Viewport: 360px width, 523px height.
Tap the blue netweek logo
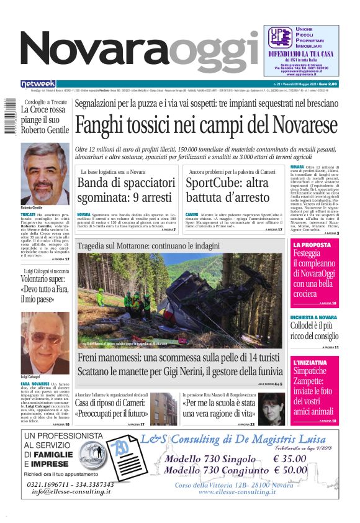38,83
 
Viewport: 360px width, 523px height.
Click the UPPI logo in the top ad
280,38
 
